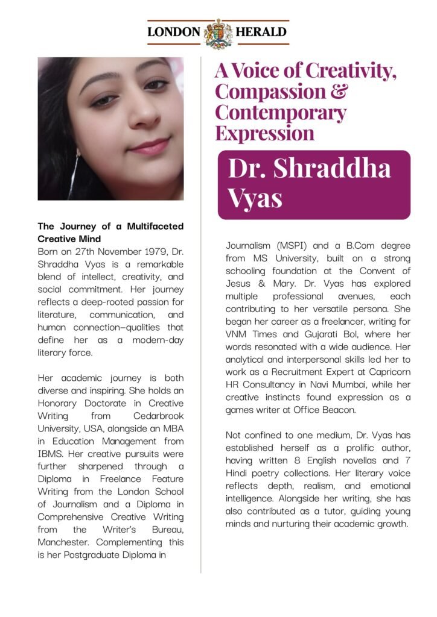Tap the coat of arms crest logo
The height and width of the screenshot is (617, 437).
(218, 33)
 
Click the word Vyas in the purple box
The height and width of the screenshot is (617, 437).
(255, 198)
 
